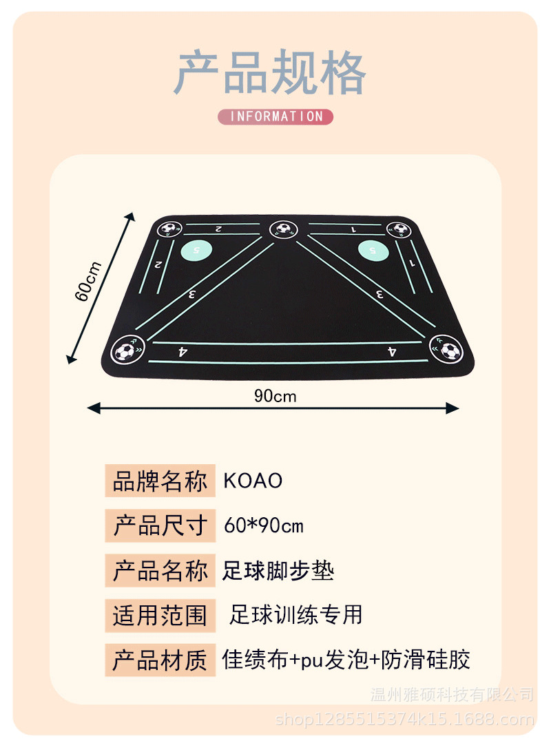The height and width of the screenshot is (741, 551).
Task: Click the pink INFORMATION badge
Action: [x=275, y=116]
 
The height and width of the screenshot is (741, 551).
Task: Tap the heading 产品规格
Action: [x=269, y=73]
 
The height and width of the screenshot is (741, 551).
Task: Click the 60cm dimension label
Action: [x=88, y=281]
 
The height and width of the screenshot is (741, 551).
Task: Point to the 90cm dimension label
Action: [x=275, y=396]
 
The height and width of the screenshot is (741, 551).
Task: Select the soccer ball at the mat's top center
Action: [x=281, y=229]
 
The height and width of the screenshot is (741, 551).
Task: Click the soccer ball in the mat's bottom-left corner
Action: [x=125, y=351]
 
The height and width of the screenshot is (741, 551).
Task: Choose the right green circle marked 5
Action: [x=373, y=249]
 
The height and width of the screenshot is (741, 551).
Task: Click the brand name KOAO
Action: [x=253, y=481]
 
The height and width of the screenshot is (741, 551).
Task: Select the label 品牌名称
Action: [x=160, y=481]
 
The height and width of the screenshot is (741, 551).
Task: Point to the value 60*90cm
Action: [x=264, y=527]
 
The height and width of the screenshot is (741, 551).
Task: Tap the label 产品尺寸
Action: [x=160, y=527]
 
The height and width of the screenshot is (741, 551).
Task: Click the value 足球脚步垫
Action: [x=278, y=571]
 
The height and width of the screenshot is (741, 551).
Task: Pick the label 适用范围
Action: [x=160, y=615]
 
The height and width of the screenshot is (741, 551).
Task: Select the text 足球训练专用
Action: [x=295, y=614]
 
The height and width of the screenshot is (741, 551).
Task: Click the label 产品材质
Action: [x=160, y=660]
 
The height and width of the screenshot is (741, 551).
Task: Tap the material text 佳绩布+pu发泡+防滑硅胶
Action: [x=346, y=659]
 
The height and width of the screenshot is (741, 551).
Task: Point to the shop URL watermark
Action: [x=404, y=720]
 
